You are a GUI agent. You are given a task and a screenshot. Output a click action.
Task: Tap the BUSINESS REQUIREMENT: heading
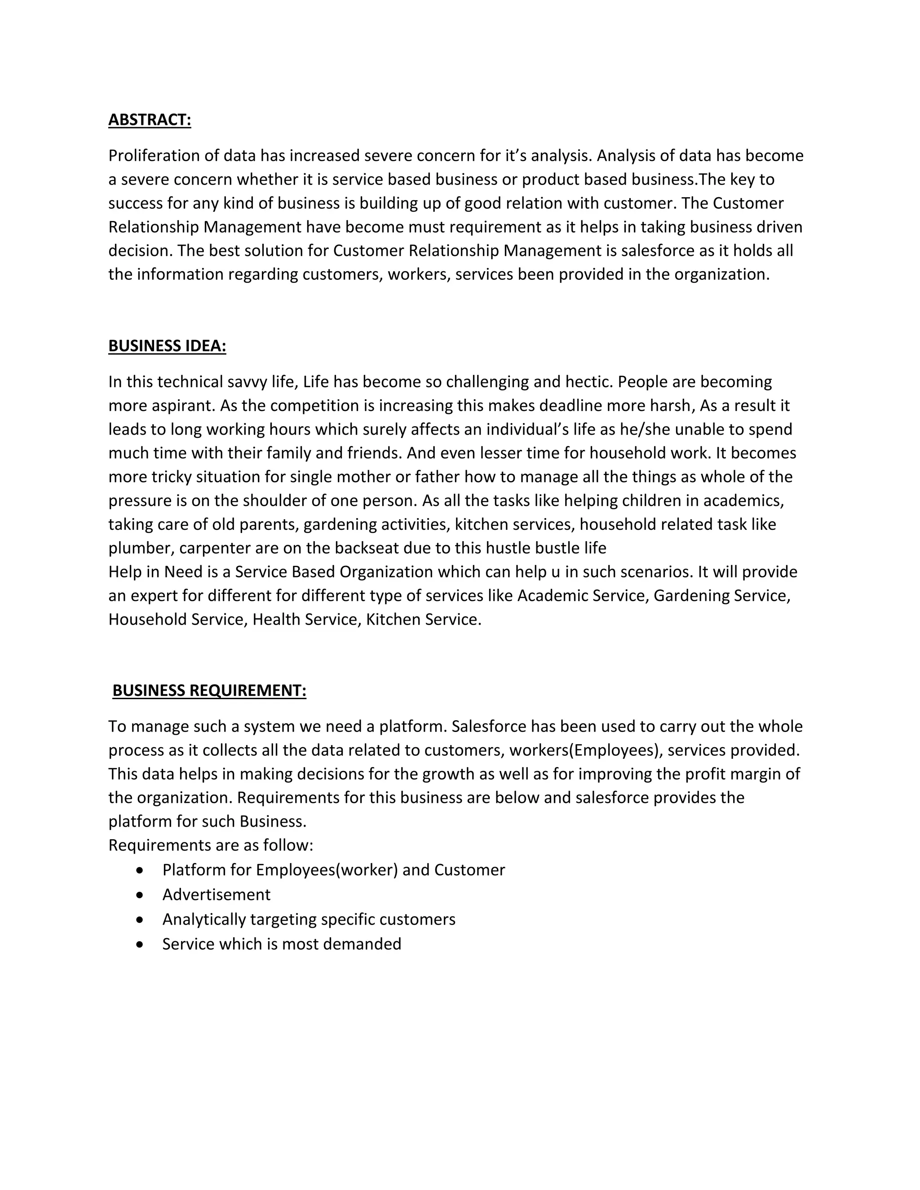(x=209, y=691)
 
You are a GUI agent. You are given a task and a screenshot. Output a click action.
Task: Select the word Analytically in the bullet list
(x=204, y=920)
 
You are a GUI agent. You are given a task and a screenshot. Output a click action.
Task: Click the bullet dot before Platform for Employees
(x=141, y=870)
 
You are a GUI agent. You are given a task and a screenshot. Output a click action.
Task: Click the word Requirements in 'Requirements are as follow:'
(x=156, y=846)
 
